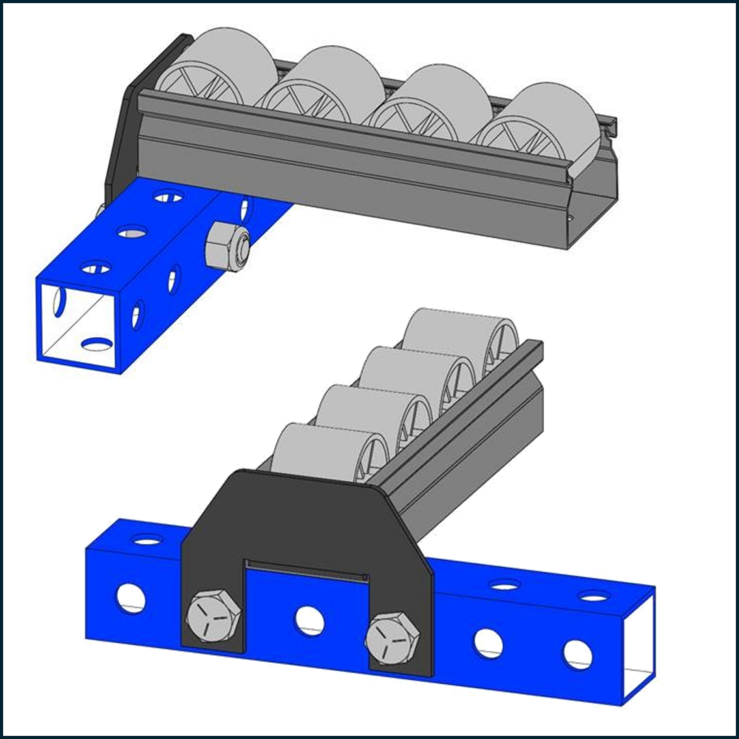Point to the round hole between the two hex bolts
tap(310, 619)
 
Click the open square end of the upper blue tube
tap(78, 326)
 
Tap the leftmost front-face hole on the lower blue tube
tap(131, 596)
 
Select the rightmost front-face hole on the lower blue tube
tap(578, 654)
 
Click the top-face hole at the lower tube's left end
tap(148, 540)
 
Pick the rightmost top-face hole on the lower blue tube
tap(594, 596)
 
